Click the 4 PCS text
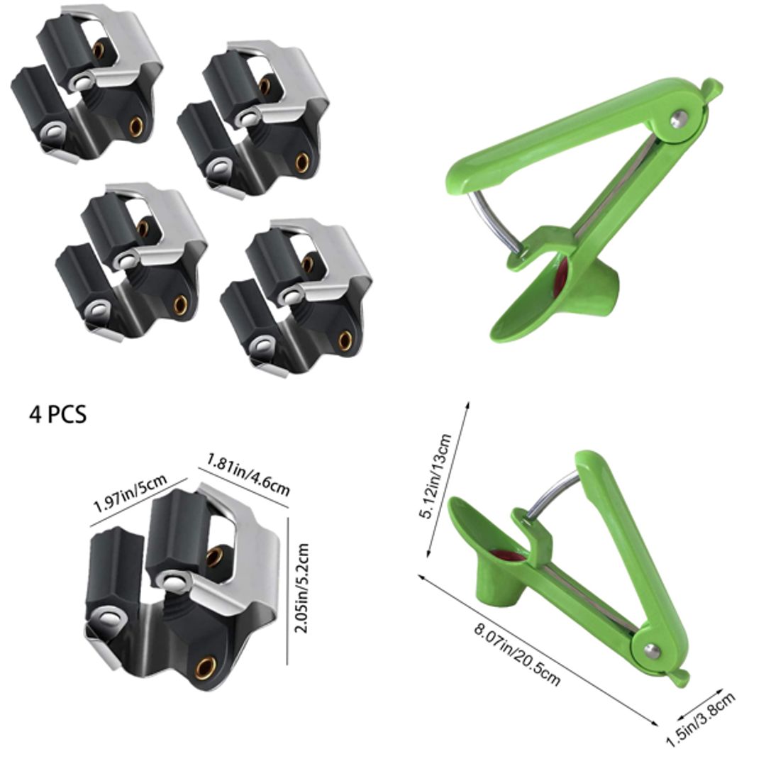[x=57, y=413]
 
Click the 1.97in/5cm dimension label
[x=130, y=495]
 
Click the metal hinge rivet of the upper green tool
[x=679, y=119]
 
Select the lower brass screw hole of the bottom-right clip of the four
[x=345, y=340]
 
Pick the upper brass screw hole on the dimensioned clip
[x=214, y=557]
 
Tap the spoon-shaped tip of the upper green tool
[x=521, y=319]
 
